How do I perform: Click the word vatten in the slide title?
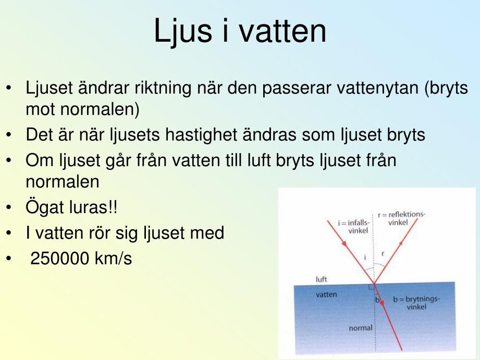click(282, 31)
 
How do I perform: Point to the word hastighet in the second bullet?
click(201, 135)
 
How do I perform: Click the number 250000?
click(60, 258)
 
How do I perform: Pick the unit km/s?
click(113, 258)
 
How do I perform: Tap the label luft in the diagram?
click(322, 279)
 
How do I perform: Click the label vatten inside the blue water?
click(326, 295)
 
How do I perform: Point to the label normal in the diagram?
click(361, 328)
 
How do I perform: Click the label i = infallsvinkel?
click(354, 227)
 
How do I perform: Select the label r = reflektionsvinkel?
click(402, 218)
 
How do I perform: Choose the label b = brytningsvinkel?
click(416, 303)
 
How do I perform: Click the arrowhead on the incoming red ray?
click(344, 243)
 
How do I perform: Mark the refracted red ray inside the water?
click(388, 317)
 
